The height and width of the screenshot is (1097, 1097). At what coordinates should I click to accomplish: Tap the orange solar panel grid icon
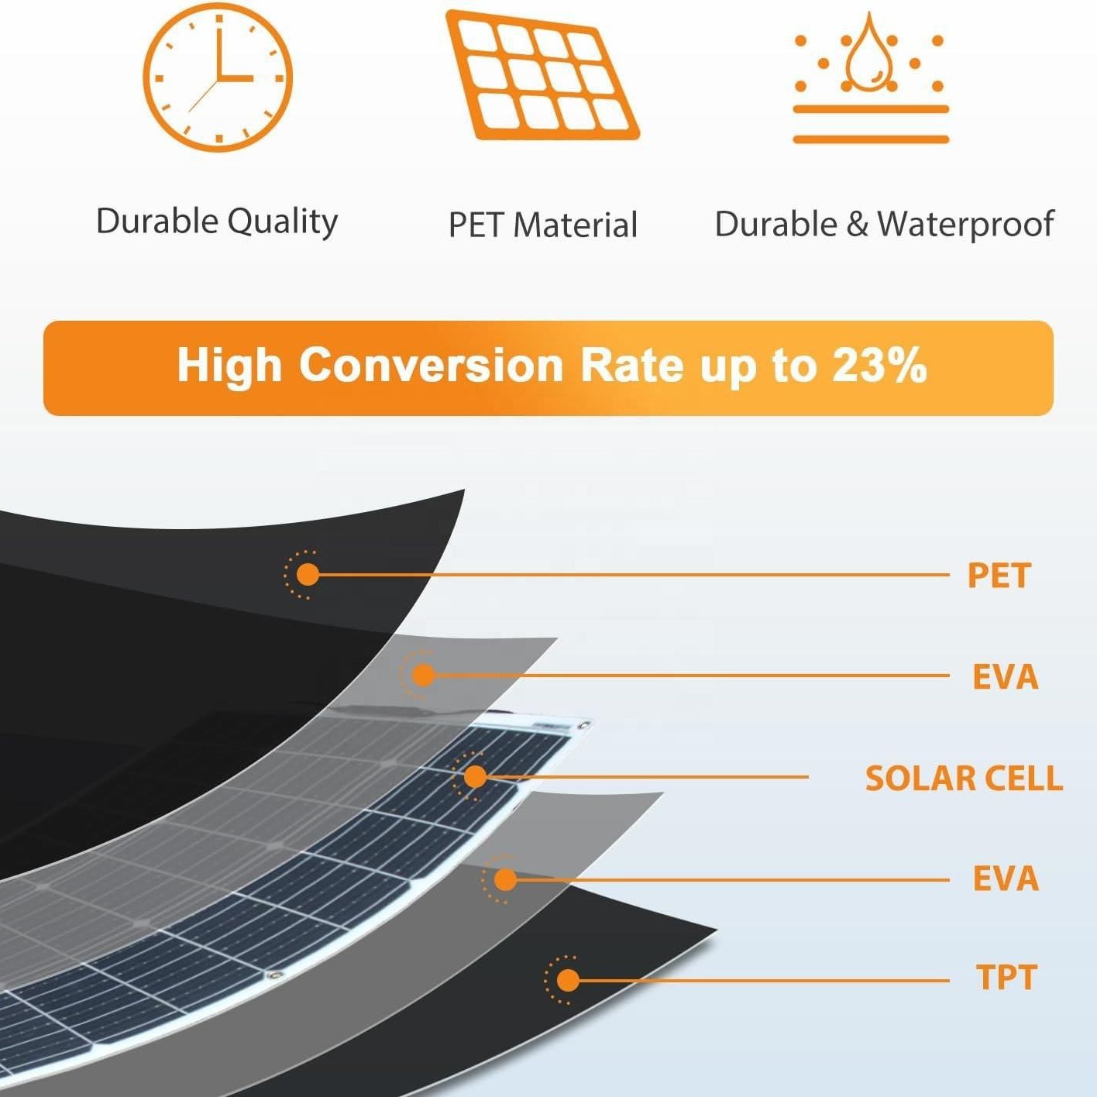[542, 74]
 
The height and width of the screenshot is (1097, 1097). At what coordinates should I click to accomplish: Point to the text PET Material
[542, 225]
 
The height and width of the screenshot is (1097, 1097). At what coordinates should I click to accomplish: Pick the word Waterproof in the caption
[965, 224]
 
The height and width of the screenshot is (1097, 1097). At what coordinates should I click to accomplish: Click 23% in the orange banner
[879, 365]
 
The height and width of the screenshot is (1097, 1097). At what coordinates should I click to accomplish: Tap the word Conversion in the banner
[431, 365]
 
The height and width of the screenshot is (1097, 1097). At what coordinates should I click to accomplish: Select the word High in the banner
[229, 366]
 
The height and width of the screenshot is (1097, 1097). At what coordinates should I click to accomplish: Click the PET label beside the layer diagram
[999, 576]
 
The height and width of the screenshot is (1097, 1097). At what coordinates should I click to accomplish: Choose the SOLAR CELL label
[964, 778]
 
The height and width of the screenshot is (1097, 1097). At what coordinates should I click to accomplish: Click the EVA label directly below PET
[1006, 677]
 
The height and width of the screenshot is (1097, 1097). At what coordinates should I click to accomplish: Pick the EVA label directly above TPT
[1006, 879]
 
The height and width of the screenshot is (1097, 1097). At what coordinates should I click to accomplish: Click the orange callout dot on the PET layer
[308, 574]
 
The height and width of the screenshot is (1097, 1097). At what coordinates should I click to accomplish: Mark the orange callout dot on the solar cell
[475, 776]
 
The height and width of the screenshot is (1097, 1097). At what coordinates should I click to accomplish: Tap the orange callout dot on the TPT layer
[568, 980]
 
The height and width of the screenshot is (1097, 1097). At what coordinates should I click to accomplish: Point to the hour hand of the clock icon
[235, 77]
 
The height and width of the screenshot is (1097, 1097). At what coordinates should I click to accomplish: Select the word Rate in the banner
[631, 365]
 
